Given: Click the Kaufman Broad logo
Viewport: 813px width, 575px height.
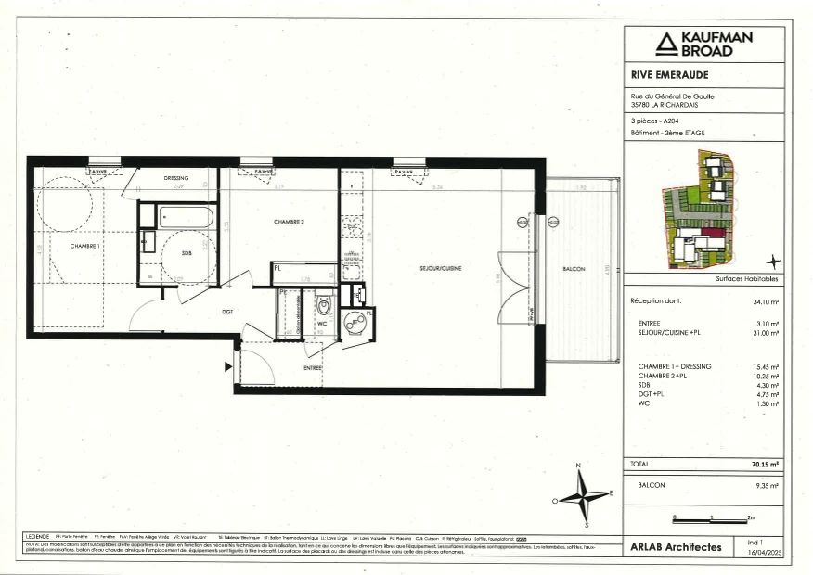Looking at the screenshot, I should pyautogui.click(x=704, y=44).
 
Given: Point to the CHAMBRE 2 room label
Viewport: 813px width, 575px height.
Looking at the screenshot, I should pyautogui.click(x=290, y=223).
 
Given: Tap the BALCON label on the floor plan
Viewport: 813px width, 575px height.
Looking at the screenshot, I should pyautogui.click(x=574, y=269).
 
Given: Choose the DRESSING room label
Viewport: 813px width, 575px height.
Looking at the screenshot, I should pyautogui.click(x=176, y=178).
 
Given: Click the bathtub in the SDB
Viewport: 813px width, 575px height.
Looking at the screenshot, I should pyautogui.click(x=186, y=218).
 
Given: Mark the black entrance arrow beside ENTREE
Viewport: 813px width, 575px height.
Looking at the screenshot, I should pyautogui.click(x=228, y=366).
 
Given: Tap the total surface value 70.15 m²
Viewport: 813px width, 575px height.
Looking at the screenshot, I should pyautogui.click(x=765, y=463).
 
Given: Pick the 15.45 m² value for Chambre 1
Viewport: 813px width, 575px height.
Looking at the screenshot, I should pyautogui.click(x=766, y=366).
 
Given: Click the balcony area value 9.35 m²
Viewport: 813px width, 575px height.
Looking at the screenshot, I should pyautogui.click(x=767, y=485).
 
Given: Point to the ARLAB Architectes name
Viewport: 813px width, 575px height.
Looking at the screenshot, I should pyautogui.click(x=675, y=547).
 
